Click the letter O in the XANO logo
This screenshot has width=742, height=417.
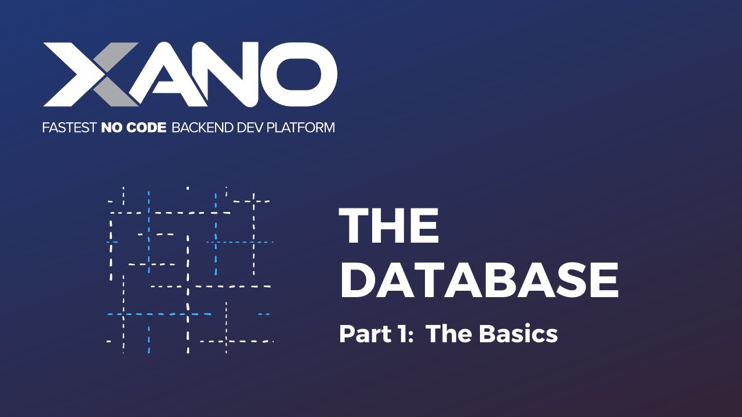pyautogui.click(x=299, y=74)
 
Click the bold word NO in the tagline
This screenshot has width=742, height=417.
pyautogui.click(x=110, y=127)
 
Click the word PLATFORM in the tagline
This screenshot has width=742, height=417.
pyautogui.click(x=300, y=127)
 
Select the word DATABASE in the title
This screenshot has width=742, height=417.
pyautogui.click(x=479, y=280)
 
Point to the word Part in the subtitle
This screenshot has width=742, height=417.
pyautogui.click(x=359, y=334)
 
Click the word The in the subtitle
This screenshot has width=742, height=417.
pyautogui.click(x=447, y=334)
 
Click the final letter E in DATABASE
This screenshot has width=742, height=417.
pyautogui.click(x=603, y=280)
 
